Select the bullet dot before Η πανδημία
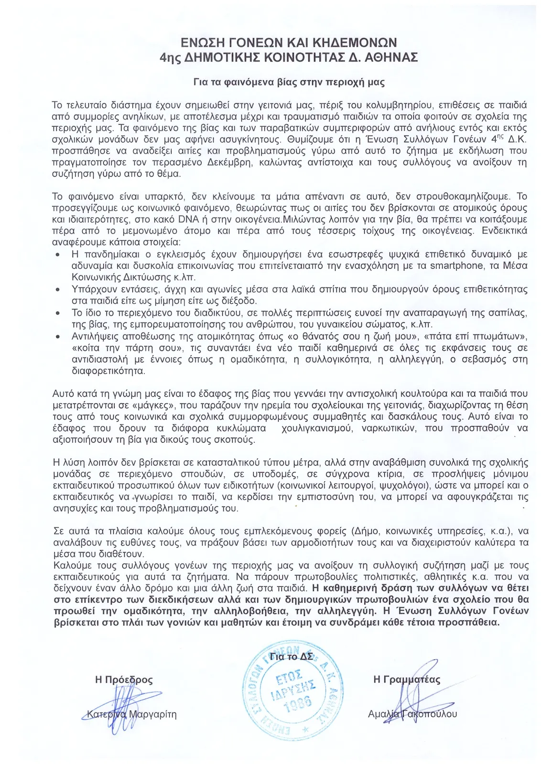click(x=58, y=255)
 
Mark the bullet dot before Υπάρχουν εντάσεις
click(x=58, y=290)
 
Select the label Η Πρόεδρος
click(x=124, y=679)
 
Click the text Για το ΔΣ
click(x=292, y=656)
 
